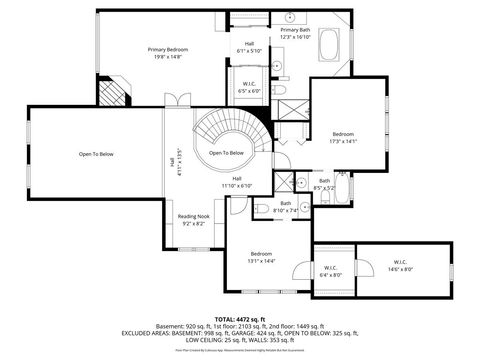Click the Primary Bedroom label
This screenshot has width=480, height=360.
click(168, 53)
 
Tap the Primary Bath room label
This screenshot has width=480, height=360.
click(296, 34)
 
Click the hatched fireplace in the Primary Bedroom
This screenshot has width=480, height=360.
click(118, 92)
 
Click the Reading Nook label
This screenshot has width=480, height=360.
click(193, 220)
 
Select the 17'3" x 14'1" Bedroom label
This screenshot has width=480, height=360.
click(343, 138)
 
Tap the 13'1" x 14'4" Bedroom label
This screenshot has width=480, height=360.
click(262, 257)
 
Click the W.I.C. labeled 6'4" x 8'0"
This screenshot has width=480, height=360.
click(330, 271)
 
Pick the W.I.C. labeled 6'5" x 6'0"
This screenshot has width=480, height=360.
click(250, 87)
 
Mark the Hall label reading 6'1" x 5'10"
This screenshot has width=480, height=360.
click(249, 47)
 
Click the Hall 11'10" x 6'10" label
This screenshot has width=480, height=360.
click(237, 181)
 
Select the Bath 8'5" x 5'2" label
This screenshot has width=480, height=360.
click(324, 184)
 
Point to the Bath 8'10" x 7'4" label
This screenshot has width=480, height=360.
click(286, 207)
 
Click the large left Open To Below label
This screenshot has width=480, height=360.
click(96, 154)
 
